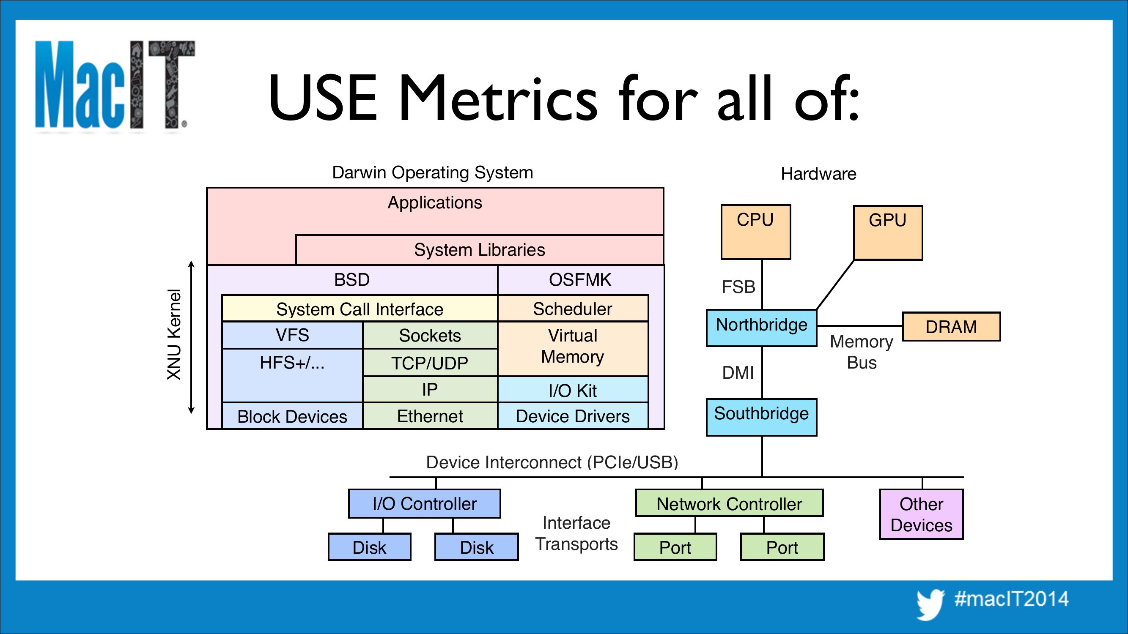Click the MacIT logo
[115, 85]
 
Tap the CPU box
[756, 232]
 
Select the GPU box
[888, 233]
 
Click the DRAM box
[951, 327]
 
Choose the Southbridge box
[761, 417]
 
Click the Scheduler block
[573, 309]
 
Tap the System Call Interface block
[360, 309]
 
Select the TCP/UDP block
[430, 363]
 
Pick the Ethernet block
[430, 416]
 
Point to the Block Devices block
[292, 416]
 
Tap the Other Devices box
[921, 514]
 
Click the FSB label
[738, 287]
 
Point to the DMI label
[738, 373]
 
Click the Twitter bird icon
[930, 604]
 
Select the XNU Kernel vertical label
[174, 335]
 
